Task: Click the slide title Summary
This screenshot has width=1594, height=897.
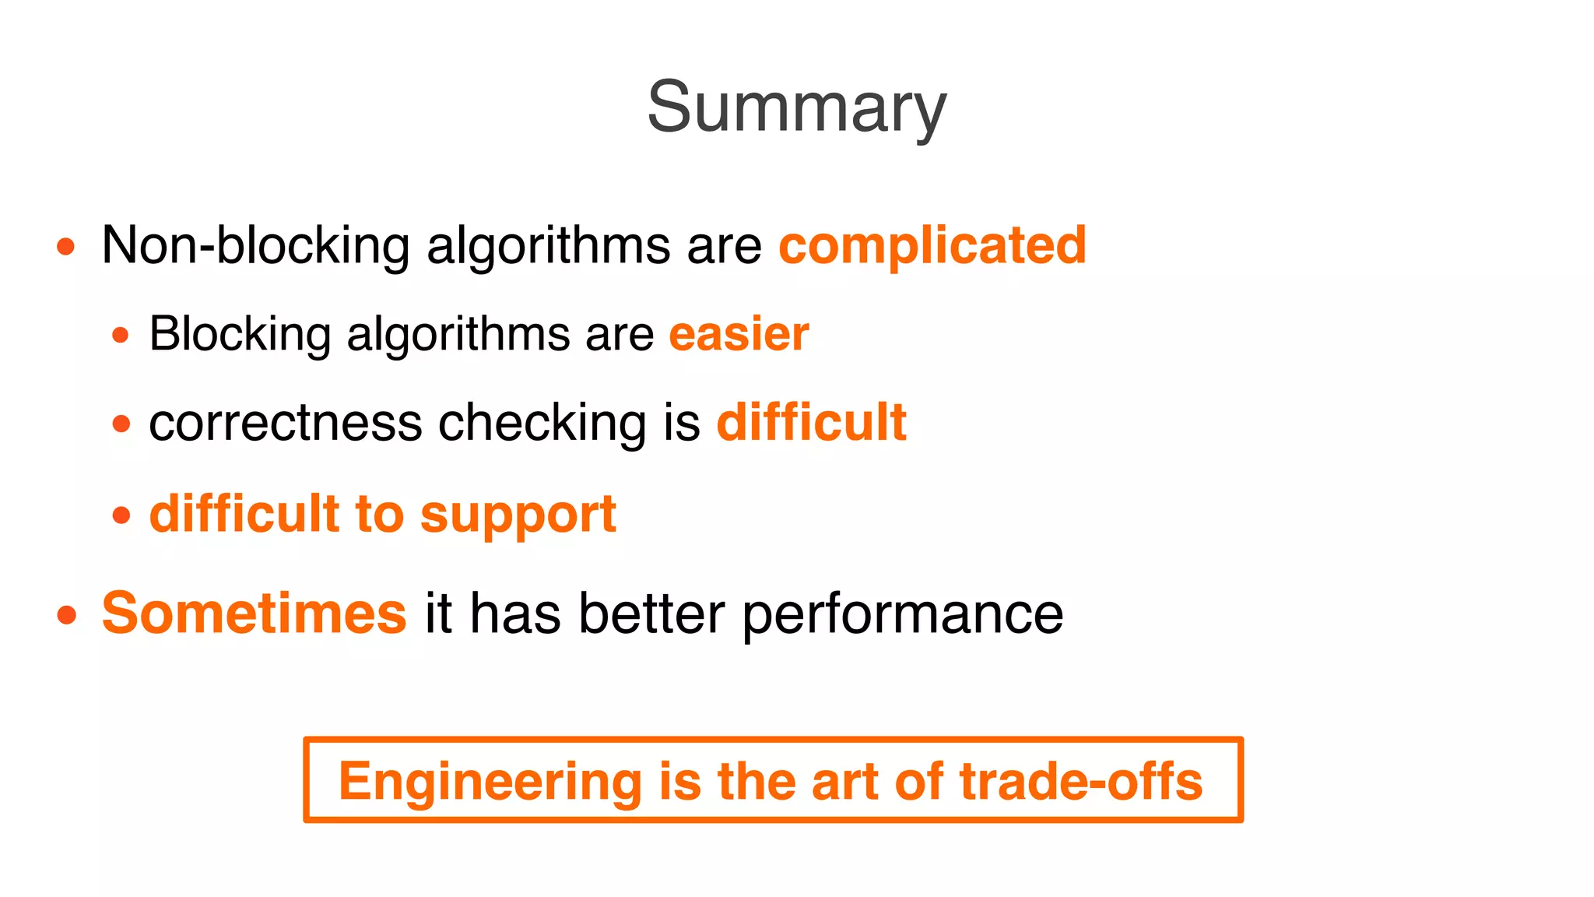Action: pyautogui.click(x=796, y=107)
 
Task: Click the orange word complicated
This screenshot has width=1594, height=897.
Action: pyautogui.click(x=932, y=245)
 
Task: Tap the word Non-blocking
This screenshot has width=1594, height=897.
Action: pyautogui.click(x=255, y=245)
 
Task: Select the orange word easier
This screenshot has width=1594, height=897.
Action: pyautogui.click(x=739, y=334)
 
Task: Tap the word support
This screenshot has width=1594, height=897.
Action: pyautogui.click(x=518, y=515)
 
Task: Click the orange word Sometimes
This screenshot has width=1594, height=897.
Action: pyautogui.click(x=254, y=614)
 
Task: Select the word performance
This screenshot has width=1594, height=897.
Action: pyautogui.click(x=902, y=614)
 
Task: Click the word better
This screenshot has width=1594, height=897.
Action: pyautogui.click(x=651, y=614)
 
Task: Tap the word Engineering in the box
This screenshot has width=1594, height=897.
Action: pyautogui.click(x=490, y=781)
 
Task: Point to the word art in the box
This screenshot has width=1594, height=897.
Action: pyautogui.click(x=844, y=781)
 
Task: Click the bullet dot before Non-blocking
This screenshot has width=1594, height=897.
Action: pyautogui.click(x=66, y=248)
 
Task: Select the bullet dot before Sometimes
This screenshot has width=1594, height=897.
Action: pyautogui.click(x=67, y=616)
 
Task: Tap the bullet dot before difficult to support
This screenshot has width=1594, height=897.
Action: pyautogui.click(x=121, y=515)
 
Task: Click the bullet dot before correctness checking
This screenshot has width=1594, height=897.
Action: pyautogui.click(x=121, y=424)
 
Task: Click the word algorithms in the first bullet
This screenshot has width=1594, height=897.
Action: pyautogui.click(x=548, y=245)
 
